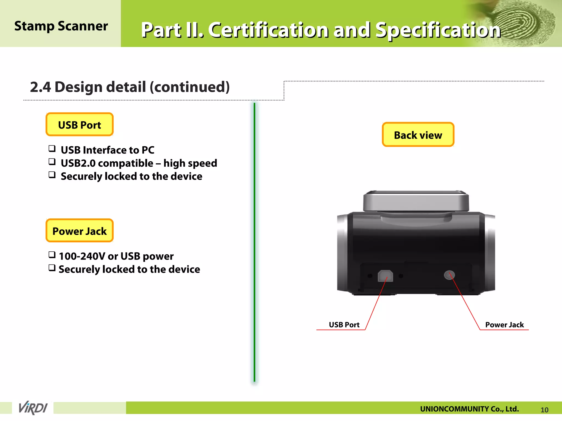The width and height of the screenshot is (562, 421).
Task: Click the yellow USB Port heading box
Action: [80, 125]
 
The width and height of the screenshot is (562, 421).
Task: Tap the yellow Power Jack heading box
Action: [80, 231]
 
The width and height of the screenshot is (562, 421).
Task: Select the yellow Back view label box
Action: [418, 135]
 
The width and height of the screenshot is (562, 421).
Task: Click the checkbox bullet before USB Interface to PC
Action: [52, 149]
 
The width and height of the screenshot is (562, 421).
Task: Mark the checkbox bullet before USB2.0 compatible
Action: [52, 162]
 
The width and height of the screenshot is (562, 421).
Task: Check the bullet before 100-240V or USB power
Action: [52, 255]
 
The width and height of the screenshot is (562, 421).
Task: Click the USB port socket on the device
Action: [385, 276]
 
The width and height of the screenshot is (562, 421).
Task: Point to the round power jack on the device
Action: [449, 275]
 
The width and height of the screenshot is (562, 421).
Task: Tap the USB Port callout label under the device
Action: [344, 325]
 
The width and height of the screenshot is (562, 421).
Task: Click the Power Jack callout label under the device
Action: [504, 325]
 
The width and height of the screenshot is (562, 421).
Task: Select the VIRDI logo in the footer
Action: [33, 408]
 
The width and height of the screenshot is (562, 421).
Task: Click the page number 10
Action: [544, 410]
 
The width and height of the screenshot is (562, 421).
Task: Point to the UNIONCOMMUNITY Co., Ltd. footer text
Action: [469, 409]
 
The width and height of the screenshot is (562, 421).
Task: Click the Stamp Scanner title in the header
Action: [61, 26]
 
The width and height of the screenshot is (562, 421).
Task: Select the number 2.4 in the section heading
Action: [40, 87]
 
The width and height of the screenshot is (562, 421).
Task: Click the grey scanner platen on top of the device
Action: [416, 201]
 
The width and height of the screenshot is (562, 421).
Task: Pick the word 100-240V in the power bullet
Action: [82, 256]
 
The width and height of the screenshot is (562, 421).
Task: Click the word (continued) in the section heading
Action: [189, 87]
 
